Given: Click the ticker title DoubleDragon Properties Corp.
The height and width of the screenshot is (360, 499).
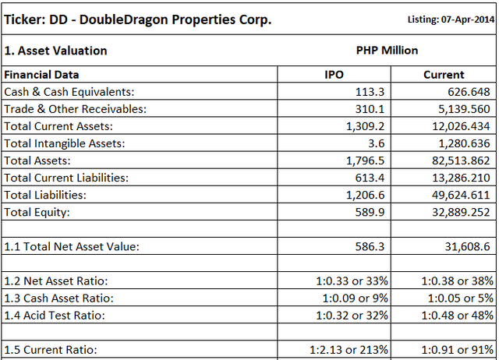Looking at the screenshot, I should coord(138,19).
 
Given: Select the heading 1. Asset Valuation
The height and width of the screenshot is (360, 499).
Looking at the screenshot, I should coord(55,51).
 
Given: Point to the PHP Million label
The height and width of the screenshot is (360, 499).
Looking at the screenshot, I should coord(387,51).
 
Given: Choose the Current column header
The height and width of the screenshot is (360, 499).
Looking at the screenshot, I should coord(444,76).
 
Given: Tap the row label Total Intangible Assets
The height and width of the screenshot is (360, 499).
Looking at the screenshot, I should coord(65,143).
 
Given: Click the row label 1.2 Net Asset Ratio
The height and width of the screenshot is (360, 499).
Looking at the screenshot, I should coord(56,281).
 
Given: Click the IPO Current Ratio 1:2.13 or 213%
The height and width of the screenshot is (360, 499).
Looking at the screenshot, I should coord(344,349).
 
